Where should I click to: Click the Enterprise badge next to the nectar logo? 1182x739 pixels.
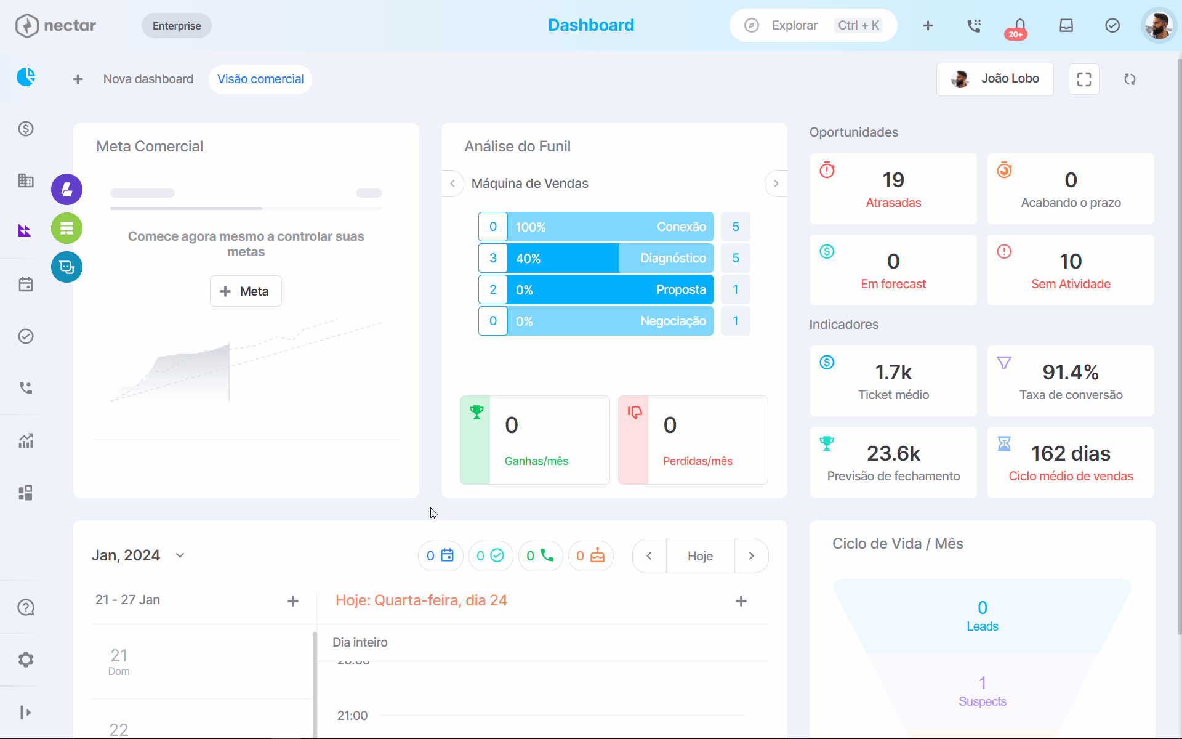pos(177,26)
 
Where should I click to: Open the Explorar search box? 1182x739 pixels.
pos(813,25)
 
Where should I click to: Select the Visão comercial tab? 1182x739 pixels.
pos(260,79)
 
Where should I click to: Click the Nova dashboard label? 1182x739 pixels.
pos(148,79)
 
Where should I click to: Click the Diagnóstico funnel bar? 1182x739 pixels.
pos(610,258)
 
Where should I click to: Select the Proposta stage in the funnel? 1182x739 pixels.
pos(610,289)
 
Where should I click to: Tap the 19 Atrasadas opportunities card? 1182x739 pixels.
pos(893,188)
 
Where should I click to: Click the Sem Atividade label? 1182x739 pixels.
pos(1071,284)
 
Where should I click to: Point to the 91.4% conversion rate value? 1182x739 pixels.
pos(1071,372)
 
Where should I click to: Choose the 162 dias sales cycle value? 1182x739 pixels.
pos(1071,453)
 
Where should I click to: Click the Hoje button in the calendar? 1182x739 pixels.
pos(700,556)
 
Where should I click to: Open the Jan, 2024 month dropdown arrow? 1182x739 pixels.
pos(180,555)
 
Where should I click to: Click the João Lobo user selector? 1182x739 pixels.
pos(995,79)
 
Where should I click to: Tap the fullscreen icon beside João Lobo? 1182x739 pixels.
pos(1084,79)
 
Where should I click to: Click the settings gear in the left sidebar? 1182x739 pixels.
pos(26,660)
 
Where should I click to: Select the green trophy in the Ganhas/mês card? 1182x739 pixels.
pos(476,412)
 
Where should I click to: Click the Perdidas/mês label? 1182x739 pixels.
pos(698,461)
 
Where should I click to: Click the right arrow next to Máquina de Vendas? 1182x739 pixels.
pos(776,184)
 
